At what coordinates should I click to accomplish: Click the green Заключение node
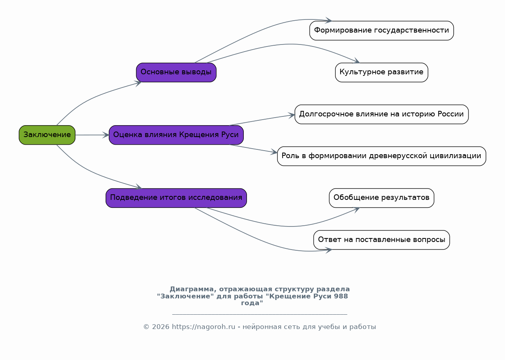click(47, 135)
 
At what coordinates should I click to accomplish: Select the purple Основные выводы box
click(176, 72)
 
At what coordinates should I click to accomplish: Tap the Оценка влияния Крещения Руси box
click(176, 135)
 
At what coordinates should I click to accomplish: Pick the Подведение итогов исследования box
click(176, 198)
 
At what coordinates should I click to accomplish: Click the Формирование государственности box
click(382, 31)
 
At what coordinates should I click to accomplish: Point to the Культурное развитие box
click(382, 72)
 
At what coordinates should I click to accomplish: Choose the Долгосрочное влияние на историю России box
click(382, 114)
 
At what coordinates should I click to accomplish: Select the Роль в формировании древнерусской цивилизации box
click(382, 156)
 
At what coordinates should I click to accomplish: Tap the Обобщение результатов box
click(382, 198)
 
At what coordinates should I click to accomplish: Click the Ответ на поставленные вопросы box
click(382, 240)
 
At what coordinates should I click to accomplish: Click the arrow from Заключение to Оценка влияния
click(92, 135)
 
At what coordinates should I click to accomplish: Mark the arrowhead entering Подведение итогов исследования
click(139, 187)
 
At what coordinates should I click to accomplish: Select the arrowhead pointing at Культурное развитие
click(356, 61)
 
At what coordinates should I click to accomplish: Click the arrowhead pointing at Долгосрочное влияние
click(292, 115)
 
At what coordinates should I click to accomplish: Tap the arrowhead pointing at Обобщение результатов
click(356, 210)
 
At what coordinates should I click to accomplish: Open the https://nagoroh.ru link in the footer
click(204, 327)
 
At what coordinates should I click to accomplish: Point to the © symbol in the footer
click(146, 327)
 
